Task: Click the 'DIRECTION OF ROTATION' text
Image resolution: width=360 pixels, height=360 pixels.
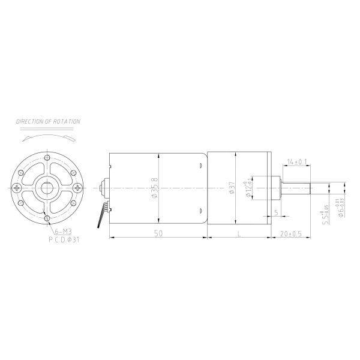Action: [x=48, y=122]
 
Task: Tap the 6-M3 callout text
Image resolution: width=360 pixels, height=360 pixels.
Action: [x=63, y=231]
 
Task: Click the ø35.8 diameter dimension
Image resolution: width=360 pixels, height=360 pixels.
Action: [x=157, y=188]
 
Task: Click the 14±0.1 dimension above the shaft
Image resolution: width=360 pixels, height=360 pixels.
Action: [x=297, y=162]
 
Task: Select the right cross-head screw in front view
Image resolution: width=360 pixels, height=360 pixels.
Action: [x=76, y=188]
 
